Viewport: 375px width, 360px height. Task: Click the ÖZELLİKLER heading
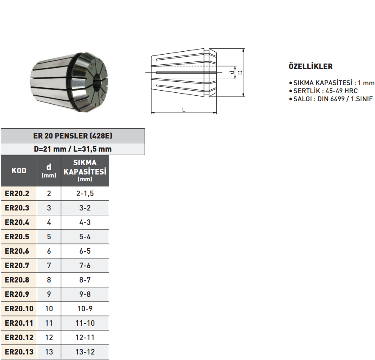(x=310, y=66)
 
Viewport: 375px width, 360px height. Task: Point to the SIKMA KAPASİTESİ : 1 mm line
(x=334, y=83)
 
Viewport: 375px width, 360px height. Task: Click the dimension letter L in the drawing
(x=184, y=109)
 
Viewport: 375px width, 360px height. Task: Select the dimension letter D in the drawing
(x=240, y=72)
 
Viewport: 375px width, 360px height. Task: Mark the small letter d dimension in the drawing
(x=232, y=73)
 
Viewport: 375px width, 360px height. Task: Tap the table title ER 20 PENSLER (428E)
(x=72, y=136)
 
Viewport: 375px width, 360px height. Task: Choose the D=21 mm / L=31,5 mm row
(x=72, y=149)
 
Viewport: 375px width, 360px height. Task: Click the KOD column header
(x=19, y=171)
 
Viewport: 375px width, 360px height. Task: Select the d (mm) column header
(x=49, y=171)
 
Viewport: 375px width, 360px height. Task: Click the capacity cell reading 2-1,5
(x=85, y=194)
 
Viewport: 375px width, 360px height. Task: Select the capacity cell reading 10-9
(x=85, y=309)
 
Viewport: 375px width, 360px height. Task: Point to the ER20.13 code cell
(x=19, y=352)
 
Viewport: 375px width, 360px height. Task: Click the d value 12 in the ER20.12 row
(x=49, y=338)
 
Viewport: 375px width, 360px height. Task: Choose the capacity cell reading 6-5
(x=85, y=251)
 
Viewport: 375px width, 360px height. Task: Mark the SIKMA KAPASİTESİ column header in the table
(x=85, y=171)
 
